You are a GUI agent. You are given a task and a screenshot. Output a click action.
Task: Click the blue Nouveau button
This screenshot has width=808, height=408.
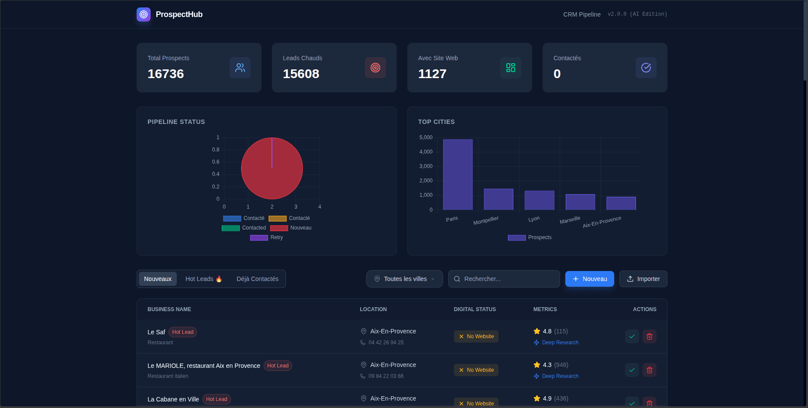pos(589,279)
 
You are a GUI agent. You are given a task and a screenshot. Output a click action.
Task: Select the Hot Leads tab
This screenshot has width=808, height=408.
pos(203,279)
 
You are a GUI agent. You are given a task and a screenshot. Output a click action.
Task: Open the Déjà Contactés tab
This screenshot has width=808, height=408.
pos(257,279)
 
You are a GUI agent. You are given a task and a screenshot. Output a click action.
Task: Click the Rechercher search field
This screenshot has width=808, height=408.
pos(506,279)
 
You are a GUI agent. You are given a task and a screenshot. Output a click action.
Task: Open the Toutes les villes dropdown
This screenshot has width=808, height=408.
pos(404,279)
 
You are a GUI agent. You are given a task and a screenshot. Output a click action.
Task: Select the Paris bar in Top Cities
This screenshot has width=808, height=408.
pos(457,175)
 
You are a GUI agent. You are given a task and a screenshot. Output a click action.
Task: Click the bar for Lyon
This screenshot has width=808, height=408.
pos(539,200)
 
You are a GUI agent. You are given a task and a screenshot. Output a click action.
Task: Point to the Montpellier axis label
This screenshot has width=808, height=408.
pos(486,220)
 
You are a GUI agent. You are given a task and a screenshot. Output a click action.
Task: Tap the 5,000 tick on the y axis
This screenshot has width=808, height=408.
pos(426,137)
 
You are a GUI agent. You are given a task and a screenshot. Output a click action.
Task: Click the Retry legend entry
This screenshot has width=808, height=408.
pos(267,237)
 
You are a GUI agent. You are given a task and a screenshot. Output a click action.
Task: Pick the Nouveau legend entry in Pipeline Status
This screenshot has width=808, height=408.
pos(291,228)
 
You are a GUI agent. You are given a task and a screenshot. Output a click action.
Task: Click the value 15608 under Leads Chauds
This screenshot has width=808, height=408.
pos(301,74)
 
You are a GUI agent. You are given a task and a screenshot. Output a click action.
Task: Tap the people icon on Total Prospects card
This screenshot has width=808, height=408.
pos(240,68)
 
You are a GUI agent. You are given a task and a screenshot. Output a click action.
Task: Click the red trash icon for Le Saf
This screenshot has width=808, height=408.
pos(649,336)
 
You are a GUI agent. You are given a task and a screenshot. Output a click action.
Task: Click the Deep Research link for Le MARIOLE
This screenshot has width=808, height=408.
pos(560,376)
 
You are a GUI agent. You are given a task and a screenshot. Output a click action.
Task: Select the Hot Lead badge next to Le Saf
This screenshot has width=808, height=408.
pos(182,332)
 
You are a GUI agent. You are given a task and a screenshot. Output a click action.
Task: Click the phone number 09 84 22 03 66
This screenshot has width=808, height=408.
pos(386,376)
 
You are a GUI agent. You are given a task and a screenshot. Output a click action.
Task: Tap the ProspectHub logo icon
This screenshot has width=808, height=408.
pos(144,14)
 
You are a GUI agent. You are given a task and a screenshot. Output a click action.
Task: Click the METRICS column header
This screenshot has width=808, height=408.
pos(545,309)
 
